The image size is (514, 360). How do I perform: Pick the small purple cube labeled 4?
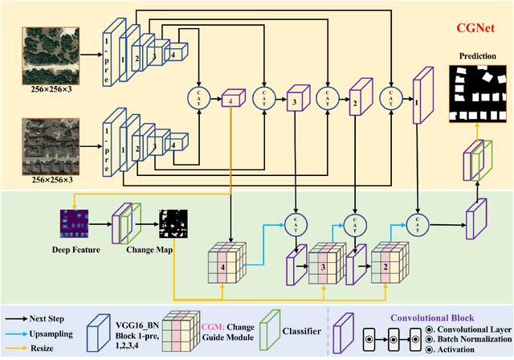(x=231, y=100)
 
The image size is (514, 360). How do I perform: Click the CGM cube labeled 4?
(x=228, y=262)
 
